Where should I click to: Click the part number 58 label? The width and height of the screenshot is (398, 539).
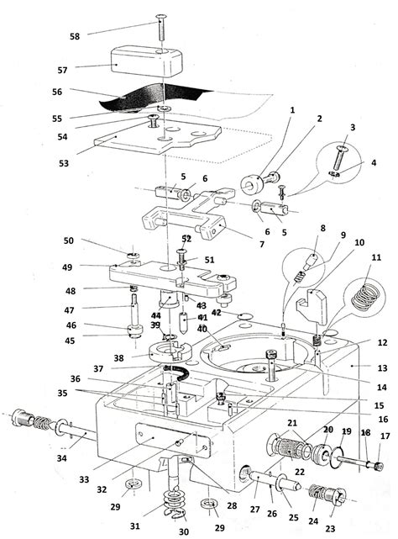[x=75, y=36]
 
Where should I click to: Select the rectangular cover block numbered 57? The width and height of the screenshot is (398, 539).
[x=147, y=62]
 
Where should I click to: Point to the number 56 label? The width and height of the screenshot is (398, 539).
[x=57, y=92]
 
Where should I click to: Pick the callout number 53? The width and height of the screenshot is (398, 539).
[x=64, y=163]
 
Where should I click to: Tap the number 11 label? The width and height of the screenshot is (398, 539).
[x=376, y=257]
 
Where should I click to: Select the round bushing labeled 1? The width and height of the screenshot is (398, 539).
[x=252, y=182]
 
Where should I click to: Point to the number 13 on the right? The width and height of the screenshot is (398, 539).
[x=382, y=368]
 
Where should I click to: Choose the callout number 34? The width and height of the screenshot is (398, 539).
[x=62, y=458]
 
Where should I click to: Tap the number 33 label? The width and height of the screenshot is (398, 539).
[x=84, y=479]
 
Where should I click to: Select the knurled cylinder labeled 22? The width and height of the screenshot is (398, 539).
[x=290, y=447]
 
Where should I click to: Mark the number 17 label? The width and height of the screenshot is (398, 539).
[x=385, y=436]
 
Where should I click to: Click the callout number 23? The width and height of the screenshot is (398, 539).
[x=330, y=528]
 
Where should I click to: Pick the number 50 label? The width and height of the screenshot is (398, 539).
[x=69, y=240]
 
